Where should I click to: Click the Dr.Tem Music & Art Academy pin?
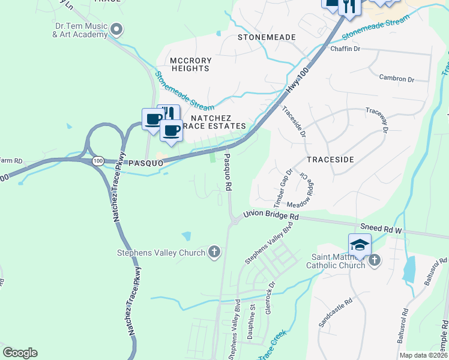coord(117,28)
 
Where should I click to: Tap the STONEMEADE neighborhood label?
coord(267,37)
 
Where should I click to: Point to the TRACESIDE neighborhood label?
coord(330,160)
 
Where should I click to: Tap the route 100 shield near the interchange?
coord(98,161)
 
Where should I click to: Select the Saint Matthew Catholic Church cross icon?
coord(374,260)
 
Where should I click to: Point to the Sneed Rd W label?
coord(380,228)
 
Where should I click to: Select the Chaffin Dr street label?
coord(345,49)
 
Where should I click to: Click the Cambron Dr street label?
coord(397,79)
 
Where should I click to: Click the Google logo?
coord(20,353)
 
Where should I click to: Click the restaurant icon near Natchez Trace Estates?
coord(169,114)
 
